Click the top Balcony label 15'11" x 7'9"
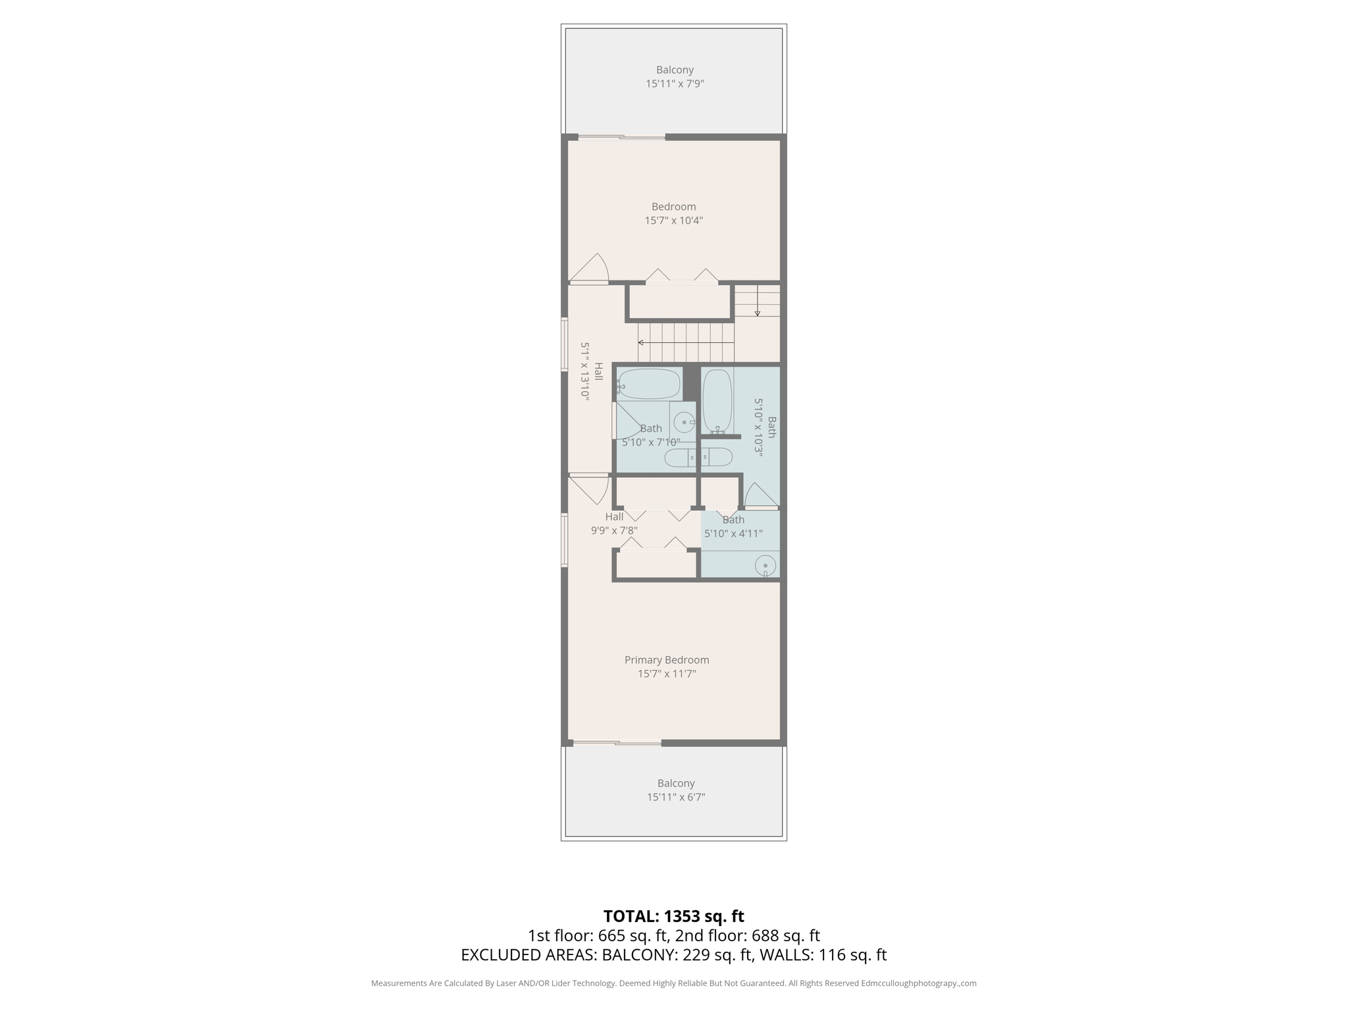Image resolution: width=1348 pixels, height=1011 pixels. (x=675, y=76)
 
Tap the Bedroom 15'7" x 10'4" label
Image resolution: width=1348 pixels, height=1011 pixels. (x=673, y=213)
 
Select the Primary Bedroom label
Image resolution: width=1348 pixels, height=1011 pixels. (x=667, y=660)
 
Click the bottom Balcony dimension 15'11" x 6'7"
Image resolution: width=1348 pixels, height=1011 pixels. (x=676, y=797)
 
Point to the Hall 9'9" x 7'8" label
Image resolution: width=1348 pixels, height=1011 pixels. (x=614, y=523)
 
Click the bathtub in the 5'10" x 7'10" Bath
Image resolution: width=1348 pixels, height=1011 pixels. (x=649, y=384)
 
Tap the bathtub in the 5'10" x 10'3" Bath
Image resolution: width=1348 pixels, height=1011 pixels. (x=717, y=400)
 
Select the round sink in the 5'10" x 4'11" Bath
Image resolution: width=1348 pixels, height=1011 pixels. (x=765, y=565)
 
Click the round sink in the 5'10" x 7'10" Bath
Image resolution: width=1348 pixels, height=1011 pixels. (x=685, y=422)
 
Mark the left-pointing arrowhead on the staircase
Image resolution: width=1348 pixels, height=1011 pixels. (x=640, y=342)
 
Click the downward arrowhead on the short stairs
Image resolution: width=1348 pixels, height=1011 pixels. (x=758, y=313)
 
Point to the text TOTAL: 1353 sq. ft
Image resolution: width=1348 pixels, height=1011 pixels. (x=673, y=916)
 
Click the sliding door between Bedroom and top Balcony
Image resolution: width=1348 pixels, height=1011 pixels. (x=622, y=137)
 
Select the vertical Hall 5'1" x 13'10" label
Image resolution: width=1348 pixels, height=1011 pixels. (x=591, y=371)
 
